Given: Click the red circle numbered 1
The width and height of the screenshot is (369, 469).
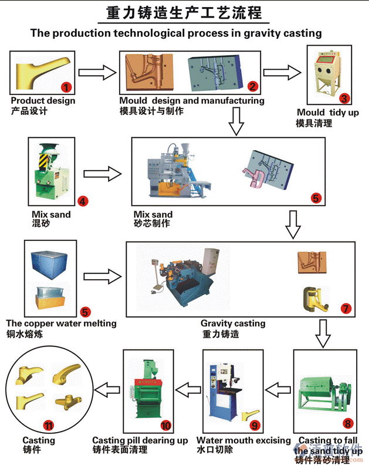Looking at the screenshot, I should click(x=66, y=87).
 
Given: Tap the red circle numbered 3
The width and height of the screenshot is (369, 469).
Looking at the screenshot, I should click(x=345, y=98).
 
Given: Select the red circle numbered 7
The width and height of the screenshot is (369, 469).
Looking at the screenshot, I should click(x=346, y=308).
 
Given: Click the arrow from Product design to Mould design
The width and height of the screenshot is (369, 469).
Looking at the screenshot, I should click(x=97, y=73).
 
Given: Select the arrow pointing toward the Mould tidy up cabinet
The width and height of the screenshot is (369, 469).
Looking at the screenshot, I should click(x=282, y=73).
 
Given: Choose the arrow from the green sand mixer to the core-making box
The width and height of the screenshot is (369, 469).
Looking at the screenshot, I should click(x=103, y=173).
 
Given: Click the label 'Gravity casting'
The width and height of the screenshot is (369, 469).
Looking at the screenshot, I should click(x=233, y=323).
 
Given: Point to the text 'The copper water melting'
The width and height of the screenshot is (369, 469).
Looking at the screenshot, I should click(x=61, y=323).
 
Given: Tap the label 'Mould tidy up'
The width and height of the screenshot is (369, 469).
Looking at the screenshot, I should click(x=327, y=113).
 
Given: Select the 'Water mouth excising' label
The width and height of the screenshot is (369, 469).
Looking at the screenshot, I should click(x=243, y=440).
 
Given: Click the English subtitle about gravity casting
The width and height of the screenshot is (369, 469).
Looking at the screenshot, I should click(x=176, y=33).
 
